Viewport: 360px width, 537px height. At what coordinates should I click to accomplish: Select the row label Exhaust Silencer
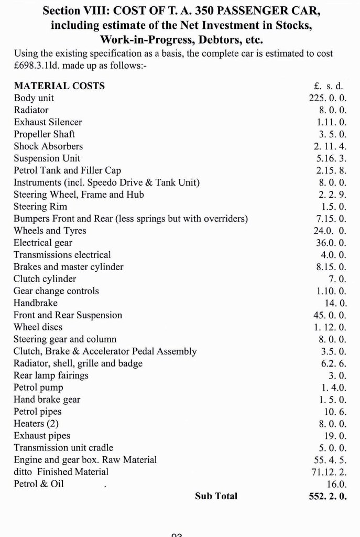pyautogui.click(x=48, y=122)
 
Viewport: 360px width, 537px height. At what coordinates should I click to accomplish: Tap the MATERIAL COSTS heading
pyautogui.click(x=59, y=86)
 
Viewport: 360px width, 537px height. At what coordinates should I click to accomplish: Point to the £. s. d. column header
pyautogui.click(x=327, y=86)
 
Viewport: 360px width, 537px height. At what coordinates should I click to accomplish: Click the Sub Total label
pyautogui.click(x=216, y=496)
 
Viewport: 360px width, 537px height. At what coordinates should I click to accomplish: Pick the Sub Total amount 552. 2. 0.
pyautogui.click(x=328, y=496)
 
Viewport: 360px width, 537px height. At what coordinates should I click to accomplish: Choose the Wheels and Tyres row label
pyautogui.click(x=50, y=231)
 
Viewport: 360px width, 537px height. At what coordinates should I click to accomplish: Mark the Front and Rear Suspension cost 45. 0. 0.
pyautogui.click(x=330, y=315)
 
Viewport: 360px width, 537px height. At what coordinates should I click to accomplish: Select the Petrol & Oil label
pyautogui.click(x=39, y=484)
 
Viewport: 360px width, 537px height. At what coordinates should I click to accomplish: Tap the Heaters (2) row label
pyautogui.click(x=36, y=424)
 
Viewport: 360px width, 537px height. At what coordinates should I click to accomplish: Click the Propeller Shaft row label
pyautogui.click(x=44, y=134)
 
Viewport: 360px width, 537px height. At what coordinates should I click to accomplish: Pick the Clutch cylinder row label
pyautogui.click(x=45, y=279)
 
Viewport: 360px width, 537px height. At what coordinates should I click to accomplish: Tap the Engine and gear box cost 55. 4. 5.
pyautogui.click(x=330, y=460)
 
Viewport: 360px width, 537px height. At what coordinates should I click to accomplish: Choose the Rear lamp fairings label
pyautogui.click(x=51, y=375)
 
